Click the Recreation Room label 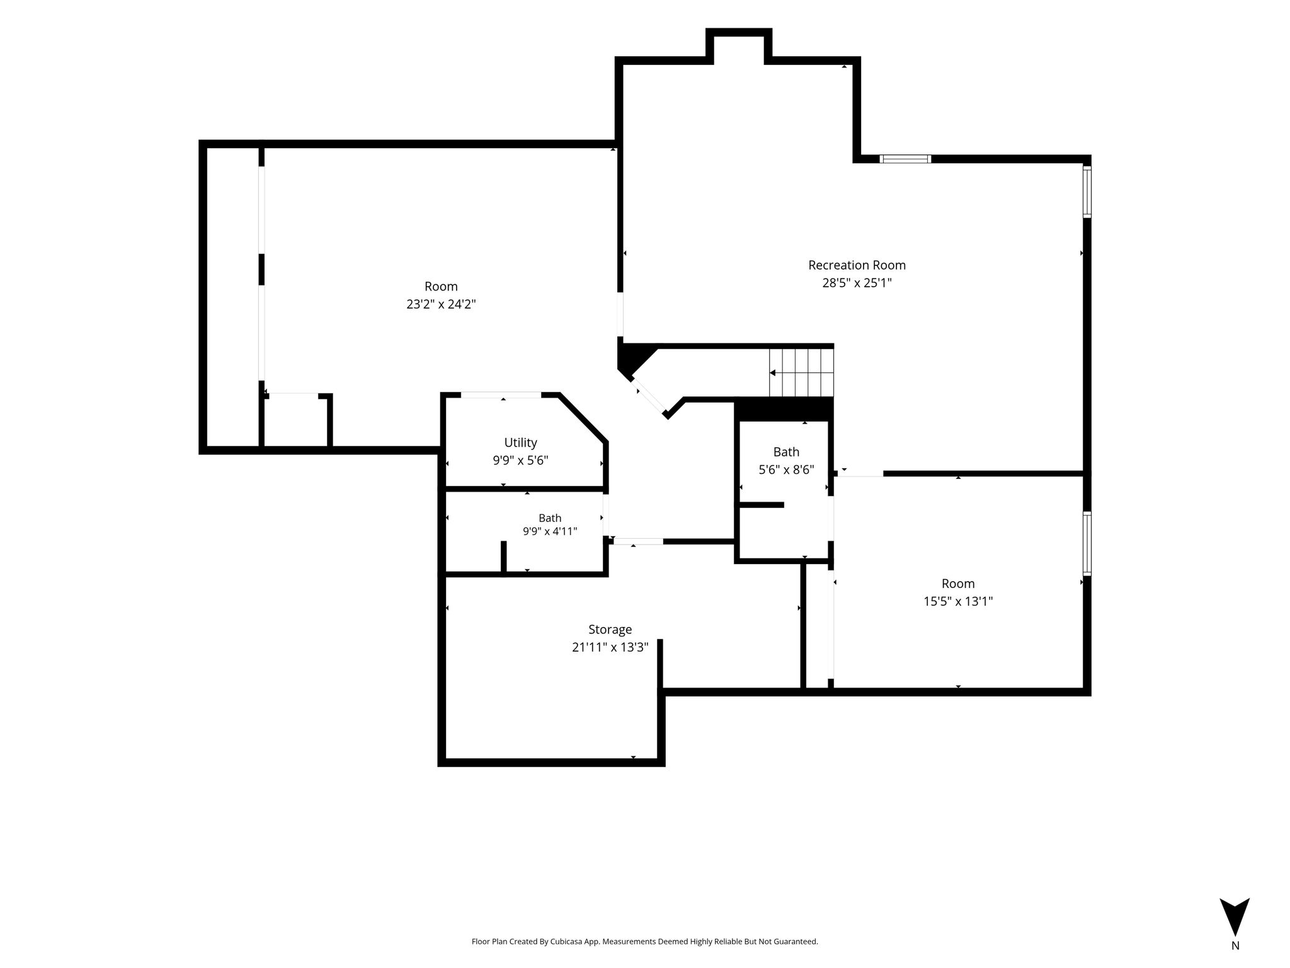857,265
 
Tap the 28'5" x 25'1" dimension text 857,283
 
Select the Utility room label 520,443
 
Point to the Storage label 610,630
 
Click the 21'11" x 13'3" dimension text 610,647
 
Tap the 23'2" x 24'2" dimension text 441,304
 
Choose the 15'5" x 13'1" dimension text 958,601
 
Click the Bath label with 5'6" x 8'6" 786,452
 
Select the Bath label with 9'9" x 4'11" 550,518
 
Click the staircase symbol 801,372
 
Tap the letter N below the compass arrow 1235,946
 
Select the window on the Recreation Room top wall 905,159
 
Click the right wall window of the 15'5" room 1087,544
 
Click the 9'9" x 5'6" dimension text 520,461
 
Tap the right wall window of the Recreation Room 1087,192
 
